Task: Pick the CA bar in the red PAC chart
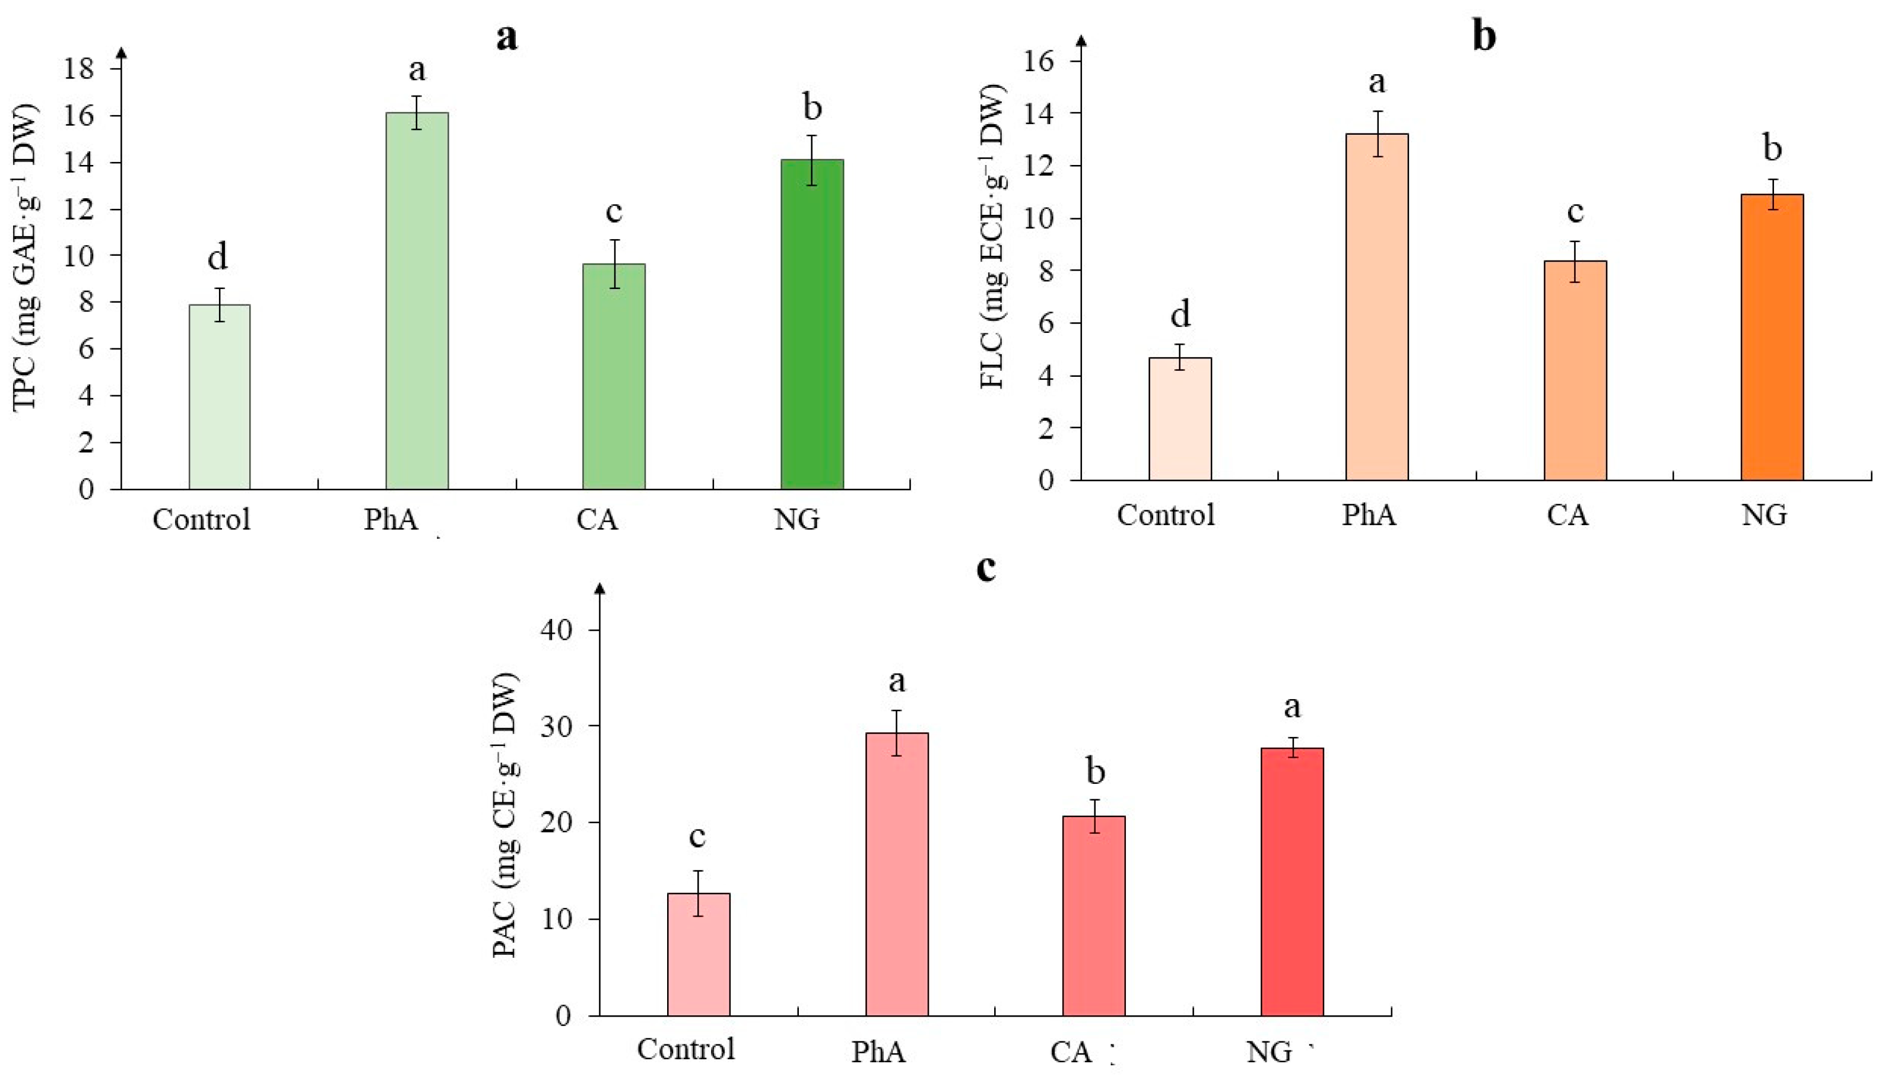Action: point(1093,916)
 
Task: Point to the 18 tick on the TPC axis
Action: point(79,69)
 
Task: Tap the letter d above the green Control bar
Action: point(217,256)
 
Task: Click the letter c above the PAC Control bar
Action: point(697,836)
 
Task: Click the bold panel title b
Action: point(1484,36)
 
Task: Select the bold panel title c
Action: point(986,567)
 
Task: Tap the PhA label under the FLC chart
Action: point(1369,514)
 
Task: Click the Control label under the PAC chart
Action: point(685,1049)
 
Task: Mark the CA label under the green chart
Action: point(596,519)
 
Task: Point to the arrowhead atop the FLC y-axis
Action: point(1081,40)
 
